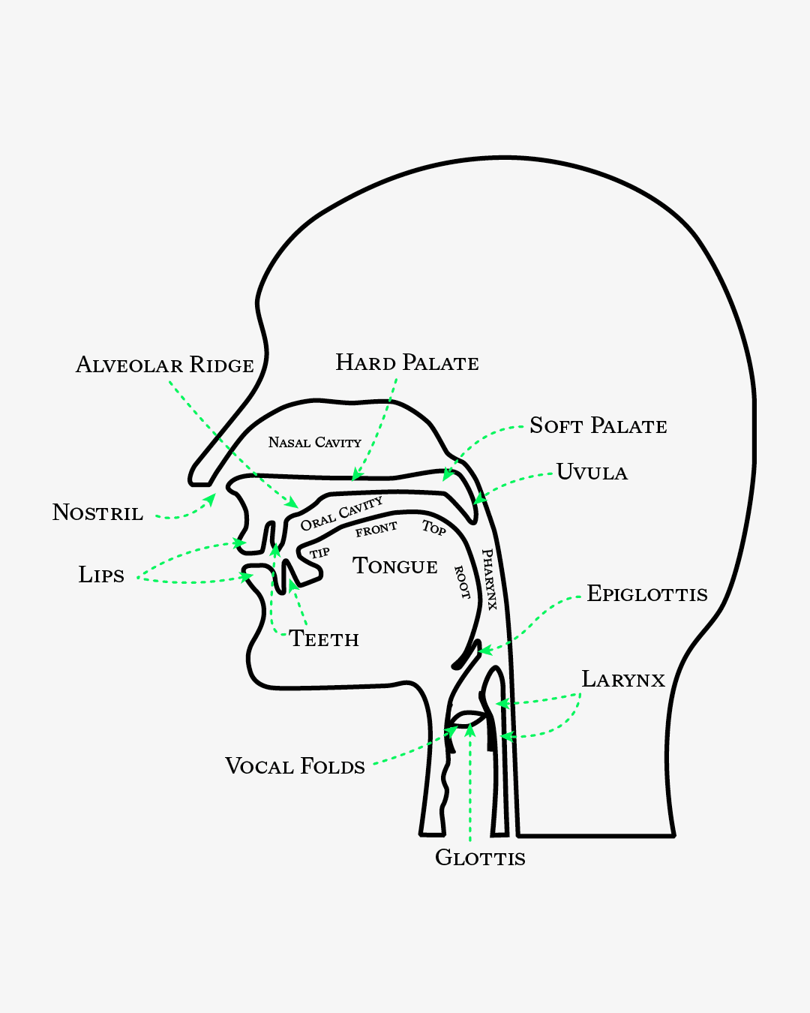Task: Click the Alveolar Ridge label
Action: pyautogui.click(x=165, y=365)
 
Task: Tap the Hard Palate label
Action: pyautogui.click(x=407, y=362)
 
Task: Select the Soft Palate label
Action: pyautogui.click(x=598, y=425)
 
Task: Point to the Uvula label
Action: pyautogui.click(x=592, y=472)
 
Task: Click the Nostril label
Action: pyautogui.click(x=97, y=513)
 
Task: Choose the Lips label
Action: pyautogui.click(x=101, y=575)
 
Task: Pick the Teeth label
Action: pyautogui.click(x=324, y=639)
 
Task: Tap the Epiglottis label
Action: pyautogui.click(x=647, y=594)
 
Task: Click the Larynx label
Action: pyautogui.click(x=623, y=679)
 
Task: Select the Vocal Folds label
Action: pyautogui.click(x=295, y=766)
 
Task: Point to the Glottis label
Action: pyautogui.click(x=480, y=857)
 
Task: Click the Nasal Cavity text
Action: pyautogui.click(x=315, y=442)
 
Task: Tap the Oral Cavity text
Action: pyautogui.click(x=341, y=513)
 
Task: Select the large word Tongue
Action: pyautogui.click(x=395, y=565)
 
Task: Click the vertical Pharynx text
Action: pyautogui.click(x=490, y=579)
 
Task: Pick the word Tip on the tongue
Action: pyautogui.click(x=319, y=553)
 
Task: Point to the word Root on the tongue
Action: pyautogui.click(x=462, y=582)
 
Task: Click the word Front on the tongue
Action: pyautogui.click(x=376, y=530)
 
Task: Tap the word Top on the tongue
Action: pyautogui.click(x=433, y=528)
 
